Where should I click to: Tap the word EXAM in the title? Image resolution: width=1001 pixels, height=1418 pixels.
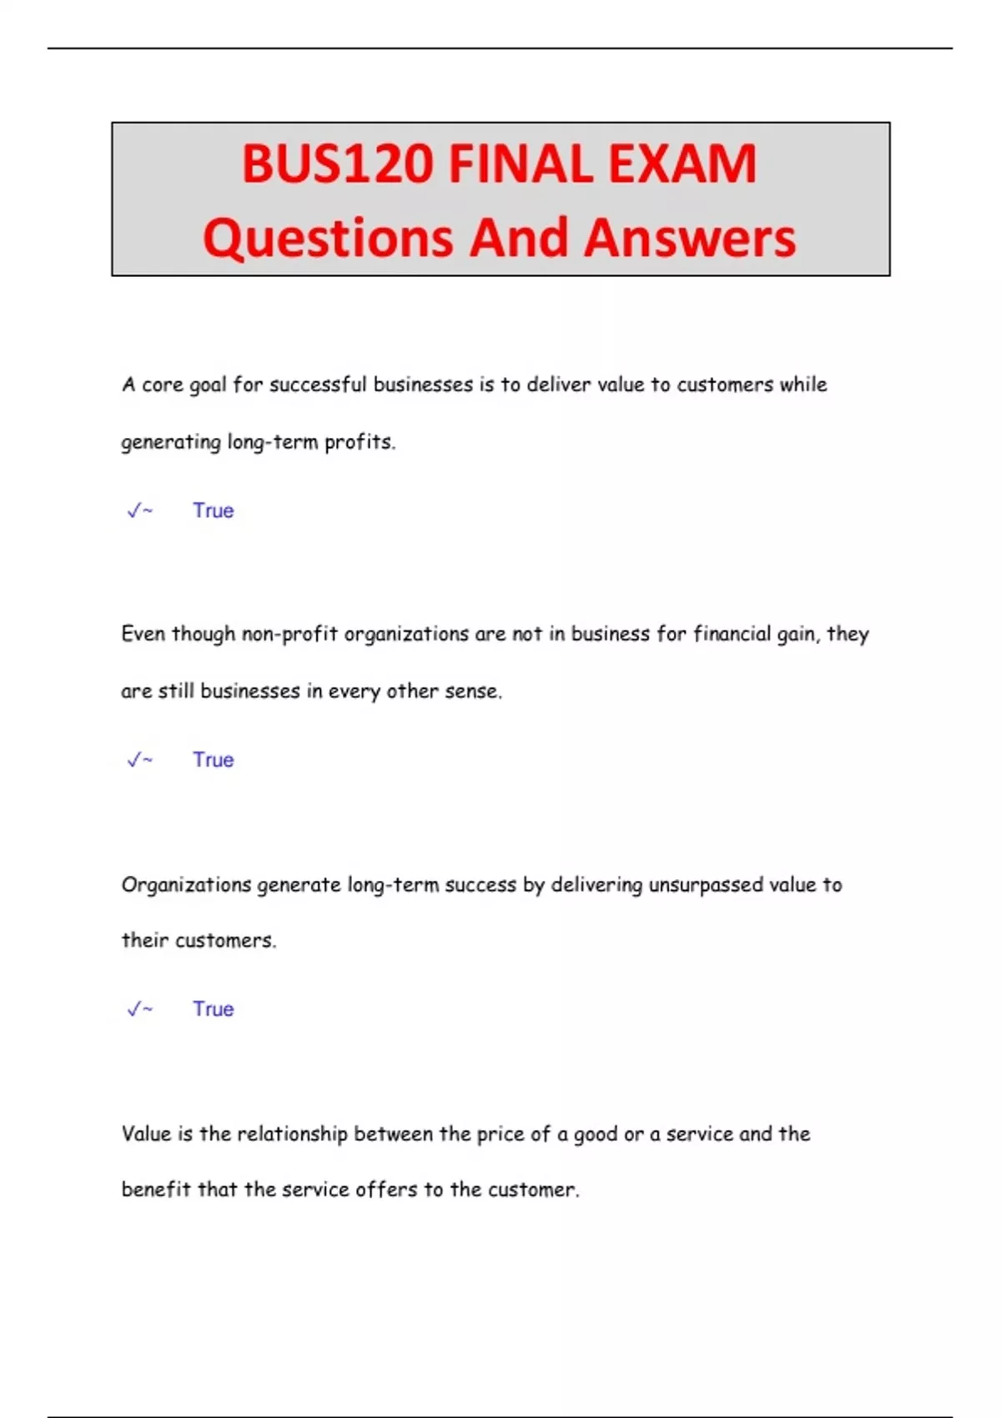click(x=682, y=163)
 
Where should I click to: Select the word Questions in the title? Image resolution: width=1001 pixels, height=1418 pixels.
click(x=328, y=238)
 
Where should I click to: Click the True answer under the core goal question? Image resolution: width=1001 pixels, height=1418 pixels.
click(x=214, y=510)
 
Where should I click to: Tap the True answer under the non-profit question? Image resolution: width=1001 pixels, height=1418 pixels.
click(x=214, y=760)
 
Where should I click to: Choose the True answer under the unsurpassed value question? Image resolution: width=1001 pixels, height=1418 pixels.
click(x=214, y=1009)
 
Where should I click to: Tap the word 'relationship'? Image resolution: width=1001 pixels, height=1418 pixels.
click(x=292, y=1134)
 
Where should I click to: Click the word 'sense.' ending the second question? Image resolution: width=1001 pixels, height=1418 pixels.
click(x=473, y=691)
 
